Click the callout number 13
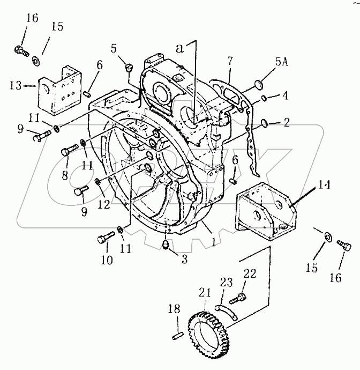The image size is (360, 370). pyautogui.click(x=16, y=85)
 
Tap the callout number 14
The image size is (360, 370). pyautogui.click(x=324, y=184)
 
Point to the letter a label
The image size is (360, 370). pyautogui.click(x=179, y=48)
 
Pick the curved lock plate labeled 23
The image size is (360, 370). pyautogui.click(x=227, y=312)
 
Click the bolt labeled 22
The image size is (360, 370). pyautogui.click(x=237, y=298)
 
